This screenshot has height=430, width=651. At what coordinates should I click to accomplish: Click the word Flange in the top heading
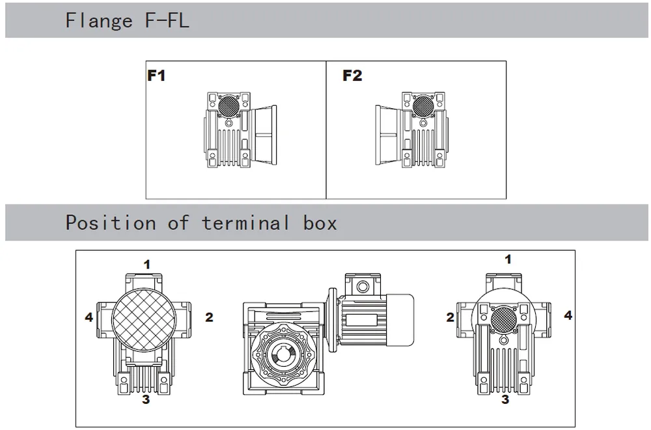(x=99, y=21)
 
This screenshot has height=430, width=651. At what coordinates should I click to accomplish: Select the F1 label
(x=156, y=76)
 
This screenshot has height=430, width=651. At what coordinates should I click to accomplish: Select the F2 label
(x=352, y=76)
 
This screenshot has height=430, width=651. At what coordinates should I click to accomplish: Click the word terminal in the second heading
(x=245, y=223)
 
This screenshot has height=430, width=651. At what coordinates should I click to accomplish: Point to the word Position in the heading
(x=110, y=223)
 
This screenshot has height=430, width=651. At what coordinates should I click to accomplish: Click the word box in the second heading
(x=320, y=223)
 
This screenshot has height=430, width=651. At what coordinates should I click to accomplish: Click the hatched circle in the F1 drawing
(x=229, y=104)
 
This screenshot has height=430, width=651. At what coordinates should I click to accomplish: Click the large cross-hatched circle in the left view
(x=144, y=319)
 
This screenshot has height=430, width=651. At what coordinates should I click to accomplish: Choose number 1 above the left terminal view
(x=147, y=265)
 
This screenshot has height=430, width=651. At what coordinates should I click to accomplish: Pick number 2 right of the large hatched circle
(x=209, y=318)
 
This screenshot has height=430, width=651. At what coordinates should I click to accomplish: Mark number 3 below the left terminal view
(x=146, y=399)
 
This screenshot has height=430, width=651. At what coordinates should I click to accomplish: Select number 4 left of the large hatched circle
(x=89, y=318)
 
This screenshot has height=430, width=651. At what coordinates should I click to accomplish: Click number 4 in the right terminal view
(x=568, y=315)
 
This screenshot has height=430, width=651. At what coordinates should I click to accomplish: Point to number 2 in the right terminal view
(x=450, y=318)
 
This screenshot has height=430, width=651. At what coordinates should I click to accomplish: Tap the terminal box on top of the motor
(x=360, y=285)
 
